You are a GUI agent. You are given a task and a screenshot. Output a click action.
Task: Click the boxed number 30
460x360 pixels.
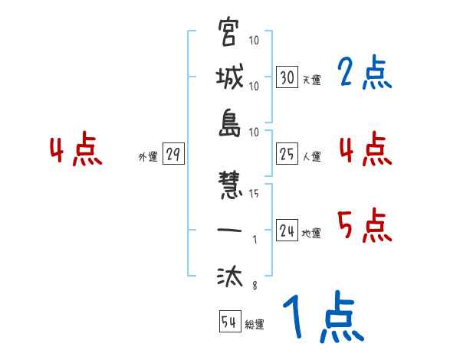pos(287,77)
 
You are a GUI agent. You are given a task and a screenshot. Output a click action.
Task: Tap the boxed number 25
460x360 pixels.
pos(287,154)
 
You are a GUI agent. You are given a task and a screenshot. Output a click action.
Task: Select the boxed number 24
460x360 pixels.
pos(287,231)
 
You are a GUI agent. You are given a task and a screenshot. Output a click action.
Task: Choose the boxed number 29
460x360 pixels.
pos(173,155)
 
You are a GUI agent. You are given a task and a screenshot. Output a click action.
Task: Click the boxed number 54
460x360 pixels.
pos(229,322)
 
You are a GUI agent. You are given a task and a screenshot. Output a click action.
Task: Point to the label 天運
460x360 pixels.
pos(311,80)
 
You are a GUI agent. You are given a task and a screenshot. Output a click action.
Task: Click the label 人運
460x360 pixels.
pos(311,156)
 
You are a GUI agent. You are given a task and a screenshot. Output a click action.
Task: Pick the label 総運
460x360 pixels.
pos(255,324)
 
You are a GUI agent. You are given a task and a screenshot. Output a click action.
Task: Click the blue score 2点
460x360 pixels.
pos(364,74)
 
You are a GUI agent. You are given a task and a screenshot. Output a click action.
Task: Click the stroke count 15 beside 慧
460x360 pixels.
pos(254,194)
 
